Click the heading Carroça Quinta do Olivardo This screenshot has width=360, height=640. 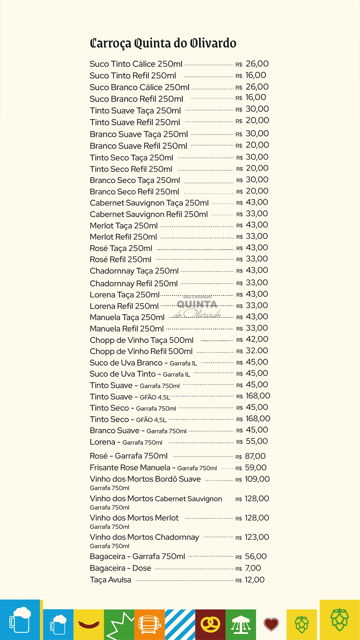pyautogui.click(x=163, y=43)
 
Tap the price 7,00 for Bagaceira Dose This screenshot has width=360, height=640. pyautogui.click(x=253, y=568)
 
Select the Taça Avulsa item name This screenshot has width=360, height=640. pyautogui.click(x=110, y=580)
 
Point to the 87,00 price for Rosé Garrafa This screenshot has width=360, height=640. pyautogui.click(x=255, y=456)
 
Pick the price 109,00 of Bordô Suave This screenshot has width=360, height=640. pyautogui.click(x=257, y=479)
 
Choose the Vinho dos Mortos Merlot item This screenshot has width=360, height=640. pyautogui.click(x=134, y=518)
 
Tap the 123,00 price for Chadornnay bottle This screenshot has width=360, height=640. pyautogui.click(x=257, y=537)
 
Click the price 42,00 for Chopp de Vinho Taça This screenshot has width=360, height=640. pyautogui.click(x=257, y=339)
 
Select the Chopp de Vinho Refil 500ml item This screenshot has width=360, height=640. pyautogui.click(x=141, y=351)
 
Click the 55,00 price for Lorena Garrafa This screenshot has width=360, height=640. pyautogui.click(x=257, y=441)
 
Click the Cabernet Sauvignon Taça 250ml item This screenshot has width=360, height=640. pyautogui.click(x=149, y=203)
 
